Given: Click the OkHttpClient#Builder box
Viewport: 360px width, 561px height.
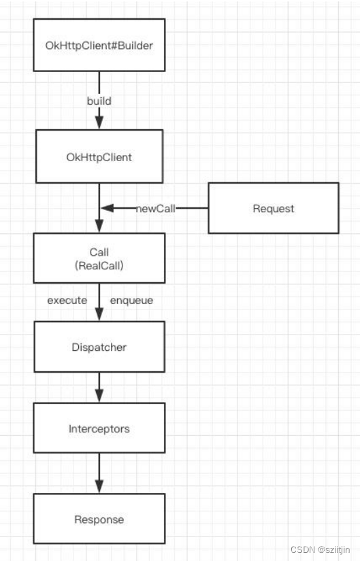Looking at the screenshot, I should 99,46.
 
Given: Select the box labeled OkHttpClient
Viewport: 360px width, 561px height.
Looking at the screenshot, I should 99,156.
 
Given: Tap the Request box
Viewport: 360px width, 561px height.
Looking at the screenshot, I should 273,208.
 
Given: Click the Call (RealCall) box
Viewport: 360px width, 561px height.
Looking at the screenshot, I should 99,258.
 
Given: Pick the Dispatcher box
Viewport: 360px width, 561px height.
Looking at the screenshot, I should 99,347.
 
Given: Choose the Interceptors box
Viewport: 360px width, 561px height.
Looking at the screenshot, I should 99,428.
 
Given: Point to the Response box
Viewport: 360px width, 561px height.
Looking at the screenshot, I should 99,519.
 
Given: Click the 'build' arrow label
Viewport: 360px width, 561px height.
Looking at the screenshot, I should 99,101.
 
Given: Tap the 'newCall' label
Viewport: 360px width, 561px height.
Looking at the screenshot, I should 155,208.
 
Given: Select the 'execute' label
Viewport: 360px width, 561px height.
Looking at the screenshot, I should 67,299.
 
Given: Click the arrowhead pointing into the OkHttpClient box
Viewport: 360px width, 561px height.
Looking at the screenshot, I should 99,123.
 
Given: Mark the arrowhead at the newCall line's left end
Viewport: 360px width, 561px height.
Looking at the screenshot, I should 106,208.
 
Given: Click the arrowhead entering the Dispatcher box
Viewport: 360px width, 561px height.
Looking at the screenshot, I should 99,315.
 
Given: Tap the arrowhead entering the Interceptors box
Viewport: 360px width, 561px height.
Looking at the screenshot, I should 99,396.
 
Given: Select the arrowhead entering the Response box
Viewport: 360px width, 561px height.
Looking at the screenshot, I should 99,487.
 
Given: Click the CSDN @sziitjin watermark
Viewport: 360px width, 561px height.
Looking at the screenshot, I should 320,548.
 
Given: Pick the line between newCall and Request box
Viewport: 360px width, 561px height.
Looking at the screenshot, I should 192,208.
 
